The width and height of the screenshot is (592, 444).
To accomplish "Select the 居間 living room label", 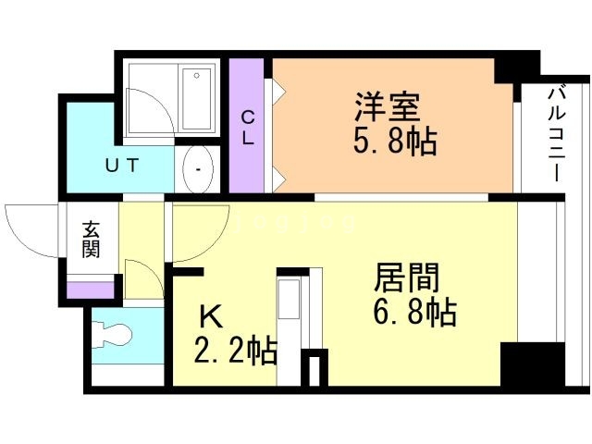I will point(406,277).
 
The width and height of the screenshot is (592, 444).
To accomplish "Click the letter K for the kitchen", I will point(212,317).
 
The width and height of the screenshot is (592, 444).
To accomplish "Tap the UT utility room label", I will point(121,166).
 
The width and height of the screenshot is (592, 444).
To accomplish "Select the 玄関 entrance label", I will point(90,239).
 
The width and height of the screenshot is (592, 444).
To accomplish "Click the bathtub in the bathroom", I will point(197,98).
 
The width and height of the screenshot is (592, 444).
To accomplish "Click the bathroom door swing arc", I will point(148,111).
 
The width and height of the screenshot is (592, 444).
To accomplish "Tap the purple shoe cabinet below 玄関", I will point(90,290).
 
